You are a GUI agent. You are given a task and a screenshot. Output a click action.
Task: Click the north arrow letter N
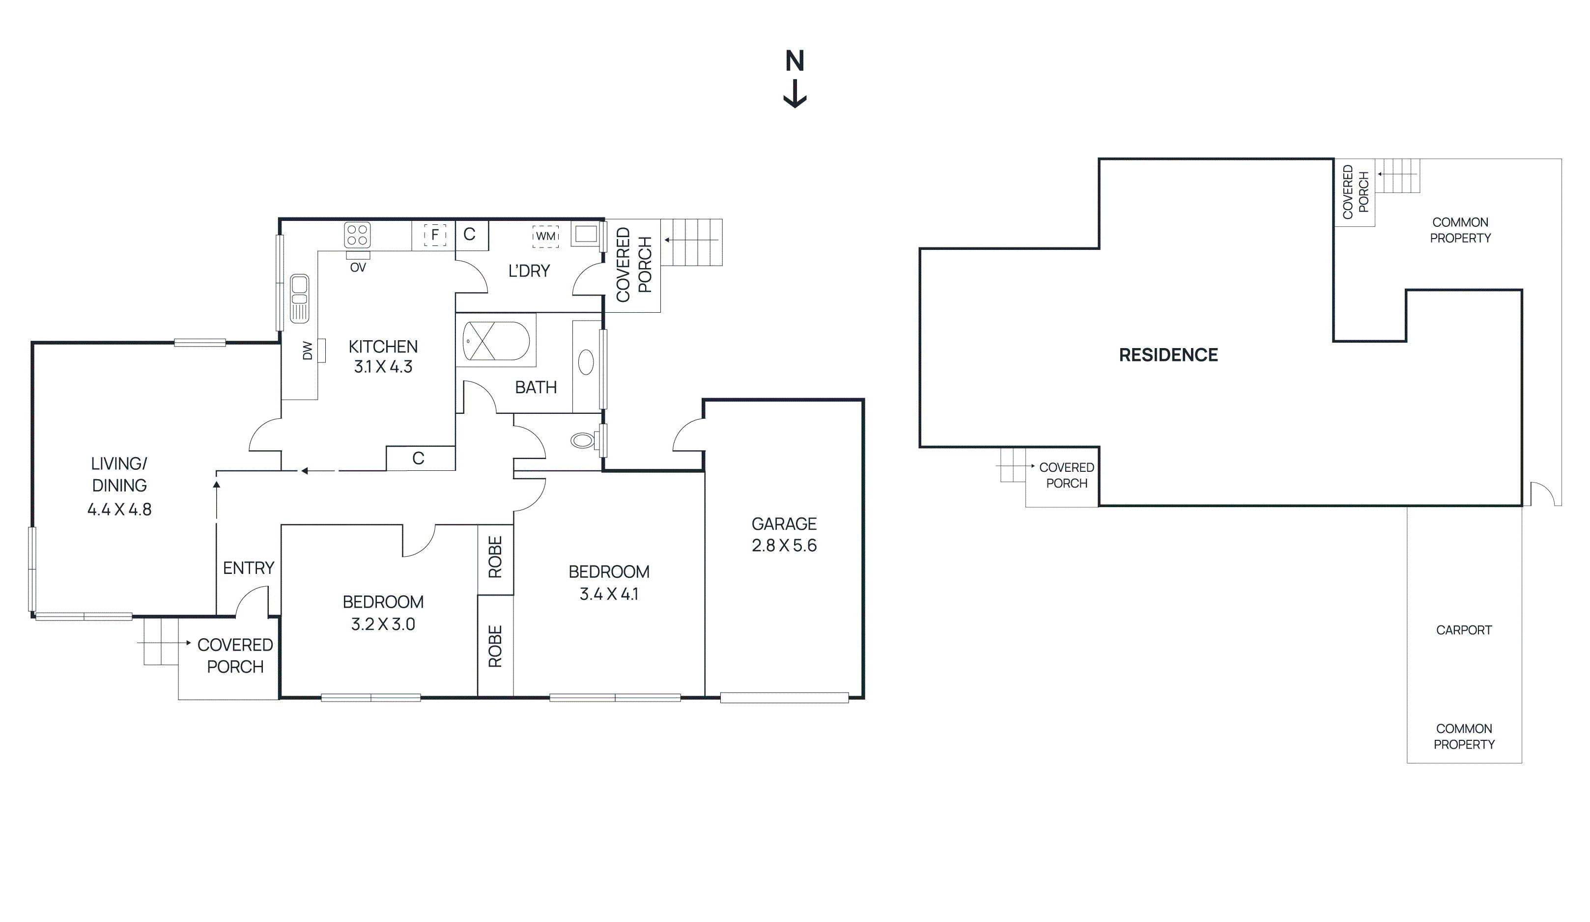click(795, 61)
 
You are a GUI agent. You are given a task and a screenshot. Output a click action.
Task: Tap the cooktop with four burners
click(357, 235)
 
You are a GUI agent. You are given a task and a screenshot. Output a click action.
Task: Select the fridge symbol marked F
click(435, 235)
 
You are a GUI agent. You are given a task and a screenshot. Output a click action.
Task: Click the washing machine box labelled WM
click(545, 236)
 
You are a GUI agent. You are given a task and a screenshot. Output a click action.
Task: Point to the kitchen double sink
click(300, 298)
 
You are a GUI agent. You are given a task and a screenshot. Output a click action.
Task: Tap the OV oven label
click(358, 268)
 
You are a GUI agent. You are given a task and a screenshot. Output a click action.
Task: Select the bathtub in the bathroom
click(496, 341)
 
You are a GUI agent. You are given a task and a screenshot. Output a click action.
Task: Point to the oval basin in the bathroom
click(586, 363)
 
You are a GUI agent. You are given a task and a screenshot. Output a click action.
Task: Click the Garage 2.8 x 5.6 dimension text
click(784, 545)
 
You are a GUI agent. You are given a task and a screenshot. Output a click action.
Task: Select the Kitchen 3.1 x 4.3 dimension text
click(383, 366)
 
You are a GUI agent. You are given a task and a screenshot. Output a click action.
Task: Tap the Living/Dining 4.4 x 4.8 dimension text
click(119, 510)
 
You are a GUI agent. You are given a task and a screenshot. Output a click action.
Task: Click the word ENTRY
click(249, 568)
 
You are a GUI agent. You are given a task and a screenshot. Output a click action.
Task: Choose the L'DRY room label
click(529, 271)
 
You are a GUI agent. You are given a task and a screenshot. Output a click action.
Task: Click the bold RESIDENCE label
click(1168, 355)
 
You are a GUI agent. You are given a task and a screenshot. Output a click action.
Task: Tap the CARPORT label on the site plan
click(1463, 630)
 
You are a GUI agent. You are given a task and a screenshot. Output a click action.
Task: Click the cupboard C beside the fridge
click(469, 235)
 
